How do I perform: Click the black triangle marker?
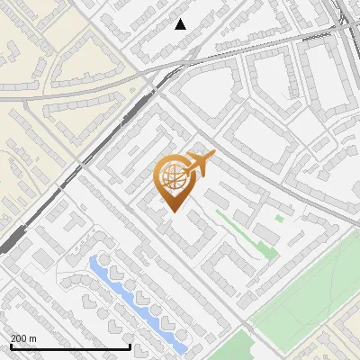tap(181, 24)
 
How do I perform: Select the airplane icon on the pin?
tap(199, 164)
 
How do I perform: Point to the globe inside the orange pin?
tap(174, 176)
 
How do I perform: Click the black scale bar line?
tap(70, 346)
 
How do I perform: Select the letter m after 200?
tap(33, 339)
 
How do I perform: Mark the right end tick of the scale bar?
tap(131, 345)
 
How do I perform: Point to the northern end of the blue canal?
tap(94, 262)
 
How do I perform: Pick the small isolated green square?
tap(279, 218)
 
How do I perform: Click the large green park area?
tap(306, 297)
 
